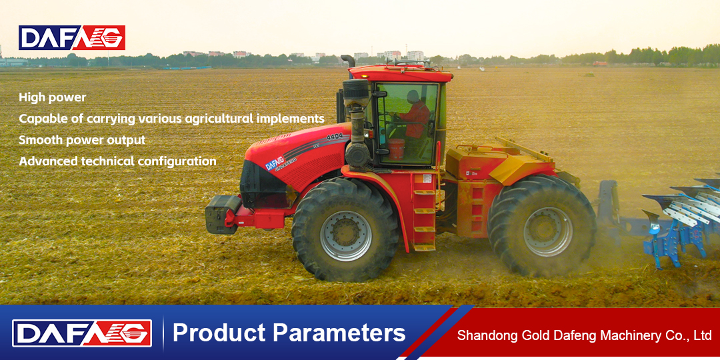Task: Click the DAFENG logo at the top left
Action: [x=71, y=37]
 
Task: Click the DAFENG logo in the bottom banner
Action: [x=82, y=333]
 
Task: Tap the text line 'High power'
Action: [x=53, y=97]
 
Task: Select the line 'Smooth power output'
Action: [x=82, y=140]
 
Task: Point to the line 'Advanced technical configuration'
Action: [x=117, y=161]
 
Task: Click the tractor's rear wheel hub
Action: [x=548, y=231]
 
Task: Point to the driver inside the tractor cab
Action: [x=415, y=115]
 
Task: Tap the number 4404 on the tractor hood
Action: [x=334, y=137]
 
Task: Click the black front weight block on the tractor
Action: [x=222, y=213]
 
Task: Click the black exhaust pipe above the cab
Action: [x=349, y=60]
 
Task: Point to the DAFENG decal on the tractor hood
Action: [x=275, y=163]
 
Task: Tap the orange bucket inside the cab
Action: [x=396, y=149]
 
